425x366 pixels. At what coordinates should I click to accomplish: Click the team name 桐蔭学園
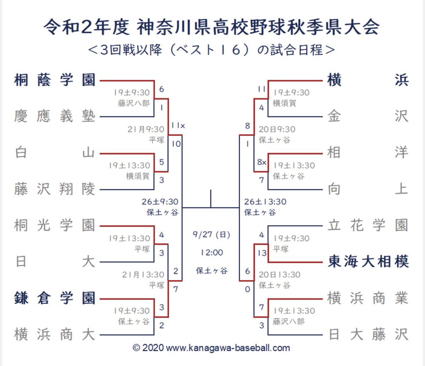[55, 80]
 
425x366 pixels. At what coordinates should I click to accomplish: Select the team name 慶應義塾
[55, 116]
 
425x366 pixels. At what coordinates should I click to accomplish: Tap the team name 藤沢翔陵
[55, 189]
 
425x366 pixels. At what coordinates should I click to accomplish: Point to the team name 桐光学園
[55, 225]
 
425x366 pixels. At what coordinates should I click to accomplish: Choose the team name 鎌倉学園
[55, 298]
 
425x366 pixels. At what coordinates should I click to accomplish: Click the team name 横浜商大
[55, 334]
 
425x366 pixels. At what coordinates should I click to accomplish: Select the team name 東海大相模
[368, 262]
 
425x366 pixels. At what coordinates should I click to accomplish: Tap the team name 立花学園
[368, 225]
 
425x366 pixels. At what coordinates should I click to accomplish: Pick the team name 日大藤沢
[368, 334]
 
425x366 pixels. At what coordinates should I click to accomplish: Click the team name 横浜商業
[368, 298]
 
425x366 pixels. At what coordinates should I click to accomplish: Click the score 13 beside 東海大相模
[262, 253]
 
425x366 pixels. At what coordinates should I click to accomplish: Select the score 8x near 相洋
[262, 162]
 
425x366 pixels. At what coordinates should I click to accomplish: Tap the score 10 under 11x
[176, 144]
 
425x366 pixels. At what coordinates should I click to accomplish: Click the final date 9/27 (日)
[211, 235]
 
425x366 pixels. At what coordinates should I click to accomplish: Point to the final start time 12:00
[211, 253]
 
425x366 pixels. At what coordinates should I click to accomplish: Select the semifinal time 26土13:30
[265, 202]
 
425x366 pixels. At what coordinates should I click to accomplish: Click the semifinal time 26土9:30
[160, 202]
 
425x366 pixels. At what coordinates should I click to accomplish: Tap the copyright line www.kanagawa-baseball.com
[211, 348]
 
